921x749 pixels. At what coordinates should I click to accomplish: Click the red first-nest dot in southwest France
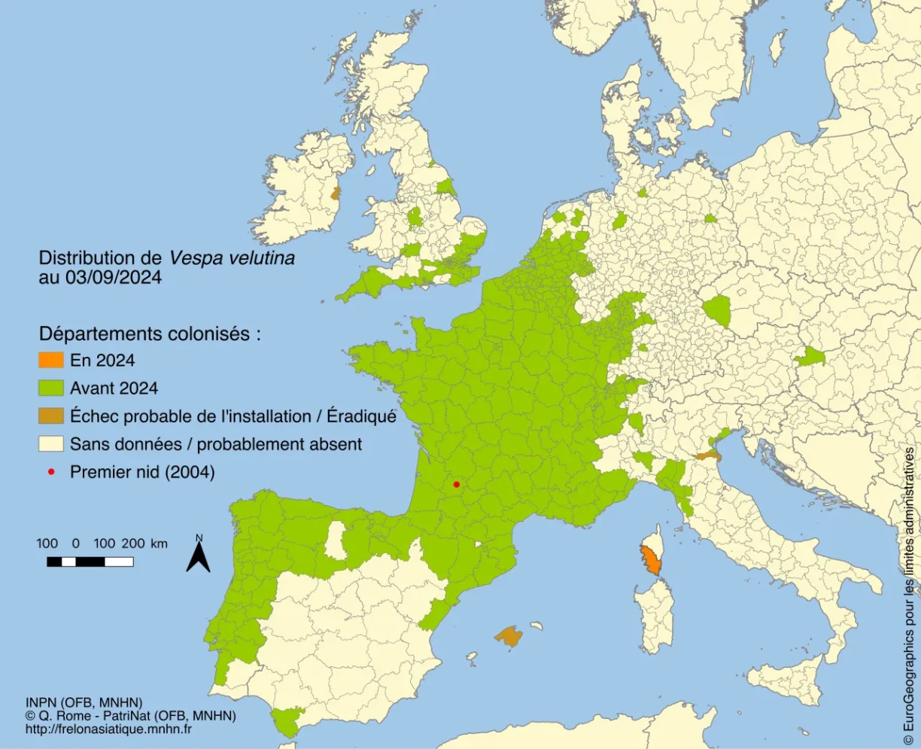pos(456,484)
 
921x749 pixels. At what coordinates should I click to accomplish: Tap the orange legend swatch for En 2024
pos(51,360)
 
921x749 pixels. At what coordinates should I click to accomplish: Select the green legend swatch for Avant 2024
pos(51,388)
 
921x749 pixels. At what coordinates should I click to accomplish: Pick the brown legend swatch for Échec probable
pos(51,416)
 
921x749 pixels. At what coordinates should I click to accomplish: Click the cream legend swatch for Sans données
pos(51,443)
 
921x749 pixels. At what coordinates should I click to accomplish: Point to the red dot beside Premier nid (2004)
pos(51,472)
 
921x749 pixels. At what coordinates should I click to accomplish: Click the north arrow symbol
pos(199,556)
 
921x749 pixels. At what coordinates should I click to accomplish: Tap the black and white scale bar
pos(90,562)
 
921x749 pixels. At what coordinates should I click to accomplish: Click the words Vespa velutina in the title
pos(232,257)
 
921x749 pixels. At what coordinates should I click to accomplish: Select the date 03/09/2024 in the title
pos(114,277)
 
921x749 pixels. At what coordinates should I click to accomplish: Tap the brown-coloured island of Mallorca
pos(509,636)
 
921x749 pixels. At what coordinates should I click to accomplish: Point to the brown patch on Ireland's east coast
pos(335,193)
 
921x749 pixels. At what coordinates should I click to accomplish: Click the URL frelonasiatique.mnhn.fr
pos(108,729)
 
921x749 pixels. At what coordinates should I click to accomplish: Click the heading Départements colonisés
pos(150,333)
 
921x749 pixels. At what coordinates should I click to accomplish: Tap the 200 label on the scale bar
pos(133,543)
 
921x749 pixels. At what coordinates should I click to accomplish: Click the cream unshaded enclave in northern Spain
pos(335,540)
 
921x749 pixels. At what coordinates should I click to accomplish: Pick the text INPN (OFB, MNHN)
pos(84,702)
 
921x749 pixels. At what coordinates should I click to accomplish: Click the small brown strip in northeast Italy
pos(707,455)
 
